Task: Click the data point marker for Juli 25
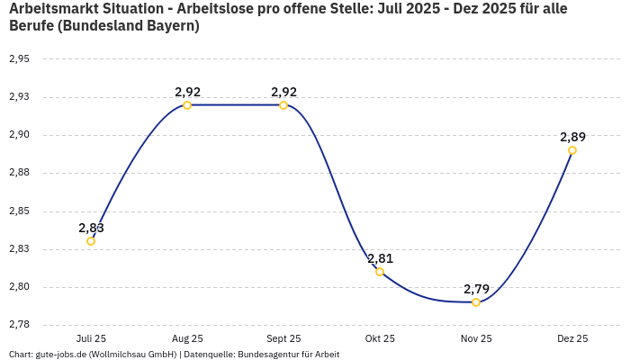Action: [x=91, y=241]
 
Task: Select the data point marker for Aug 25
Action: [x=187, y=105]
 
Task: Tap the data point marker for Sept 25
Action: [x=283, y=105]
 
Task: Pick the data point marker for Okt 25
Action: [x=380, y=272]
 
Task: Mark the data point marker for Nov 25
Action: [x=476, y=302]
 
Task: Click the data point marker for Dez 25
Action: [x=572, y=150]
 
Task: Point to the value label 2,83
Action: [x=91, y=228]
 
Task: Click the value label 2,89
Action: [x=572, y=137]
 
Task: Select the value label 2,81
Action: [x=380, y=258]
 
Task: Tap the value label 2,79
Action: [x=476, y=289]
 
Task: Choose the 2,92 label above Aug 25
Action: [x=187, y=92]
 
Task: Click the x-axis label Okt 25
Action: [x=380, y=338]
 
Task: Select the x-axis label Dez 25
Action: [x=572, y=338]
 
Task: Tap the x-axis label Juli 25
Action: [x=91, y=338]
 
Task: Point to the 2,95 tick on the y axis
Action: [x=19, y=59]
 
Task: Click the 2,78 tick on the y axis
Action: [x=19, y=325]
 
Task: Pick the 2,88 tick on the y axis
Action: [x=19, y=173]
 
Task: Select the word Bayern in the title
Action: [x=169, y=26]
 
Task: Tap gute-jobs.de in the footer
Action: [x=67, y=355]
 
